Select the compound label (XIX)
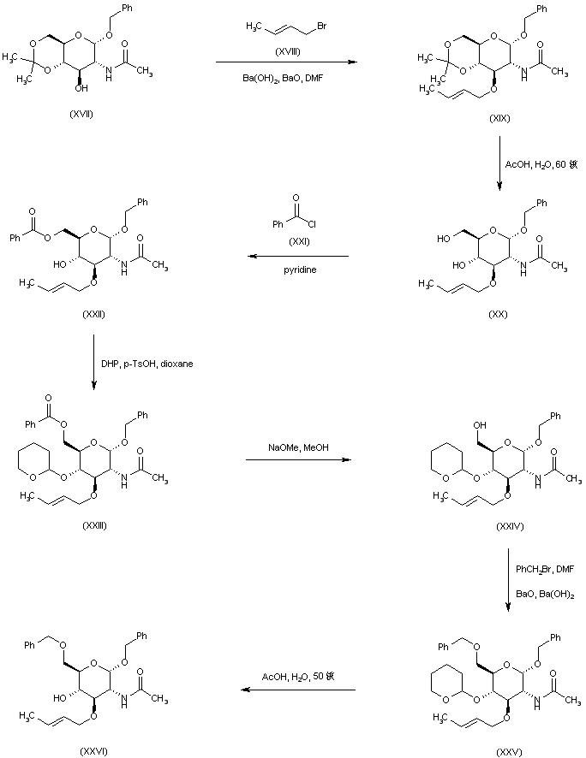498,118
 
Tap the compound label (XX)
498,314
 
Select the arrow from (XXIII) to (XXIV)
298,460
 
